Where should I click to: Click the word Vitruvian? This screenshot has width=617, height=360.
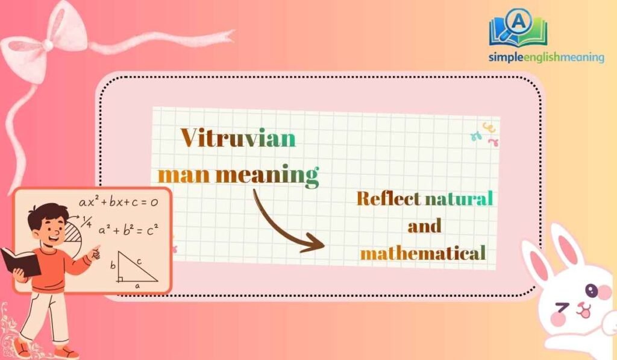(239, 139)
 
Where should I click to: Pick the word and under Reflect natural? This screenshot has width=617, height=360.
(424, 226)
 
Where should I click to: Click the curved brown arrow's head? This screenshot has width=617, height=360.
(316, 245)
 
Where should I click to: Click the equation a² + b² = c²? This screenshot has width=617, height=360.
(128, 230)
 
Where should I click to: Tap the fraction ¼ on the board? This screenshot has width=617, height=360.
(87, 220)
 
